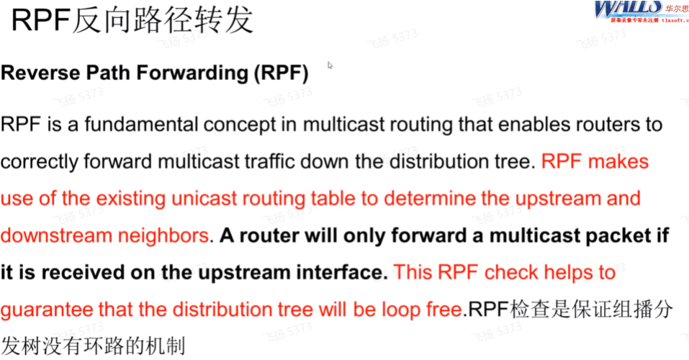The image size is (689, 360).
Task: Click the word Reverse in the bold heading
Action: [x=33, y=73]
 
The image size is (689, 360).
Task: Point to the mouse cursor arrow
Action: [x=330, y=65]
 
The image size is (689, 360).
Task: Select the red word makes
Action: [x=618, y=161]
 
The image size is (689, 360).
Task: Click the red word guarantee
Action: [x=45, y=310]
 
